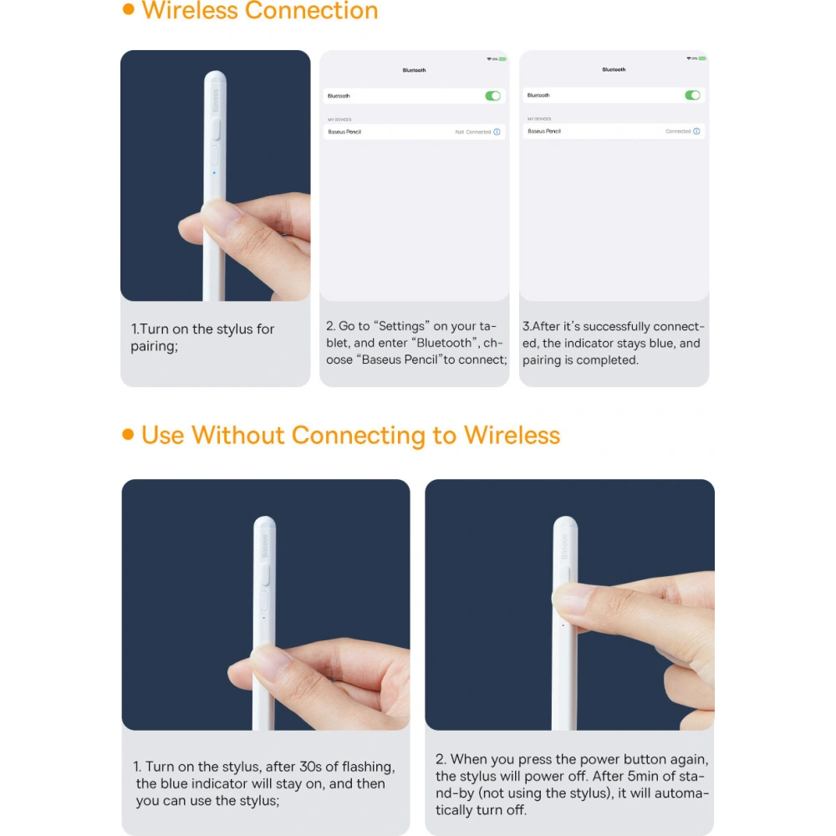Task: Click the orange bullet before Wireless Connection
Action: tap(128, 10)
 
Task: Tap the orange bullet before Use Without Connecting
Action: tap(128, 435)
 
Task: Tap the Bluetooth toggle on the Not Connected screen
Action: tap(493, 96)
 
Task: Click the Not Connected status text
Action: tap(472, 132)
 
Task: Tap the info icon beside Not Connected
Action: tap(497, 132)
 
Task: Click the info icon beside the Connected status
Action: tap(696, 131)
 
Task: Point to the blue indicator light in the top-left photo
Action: tap(214, 173)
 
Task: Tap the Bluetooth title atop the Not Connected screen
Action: tap(414, 70)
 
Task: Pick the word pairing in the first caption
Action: tap(153, 346)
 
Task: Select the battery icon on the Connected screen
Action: tap(702, 59)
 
